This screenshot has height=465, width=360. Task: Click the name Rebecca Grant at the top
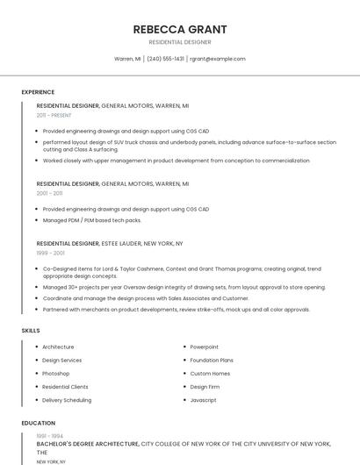click(x=179, y=28)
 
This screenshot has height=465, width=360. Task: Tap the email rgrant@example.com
click(x=218, y=59)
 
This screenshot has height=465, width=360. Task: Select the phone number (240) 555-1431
click(x=166, y=59)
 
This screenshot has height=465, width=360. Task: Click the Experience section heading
click(x=38, y=92)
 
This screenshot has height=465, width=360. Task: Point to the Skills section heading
click(x=31, y=331)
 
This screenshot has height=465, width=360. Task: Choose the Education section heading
click(x=38, y=423)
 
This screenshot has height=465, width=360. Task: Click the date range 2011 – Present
click(x=54, y=115)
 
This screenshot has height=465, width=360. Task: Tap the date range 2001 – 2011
click(x=49, y=193)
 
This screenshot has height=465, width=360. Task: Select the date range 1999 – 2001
click(x=50, y=253)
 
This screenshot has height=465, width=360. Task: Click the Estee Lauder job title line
click(x=110, y=243)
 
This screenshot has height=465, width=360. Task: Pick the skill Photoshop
click(x=55, y=373)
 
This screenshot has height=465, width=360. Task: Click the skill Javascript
click(x=203, y=400)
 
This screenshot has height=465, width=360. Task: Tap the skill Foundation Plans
click(x=212, y=360)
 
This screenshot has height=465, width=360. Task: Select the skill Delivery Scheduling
click(x=67, y=400)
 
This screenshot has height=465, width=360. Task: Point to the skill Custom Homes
click(x=210, y=373)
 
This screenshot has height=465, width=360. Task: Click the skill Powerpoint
click(x=205, y=347)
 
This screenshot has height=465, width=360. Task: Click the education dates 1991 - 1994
click(x=49, y=436)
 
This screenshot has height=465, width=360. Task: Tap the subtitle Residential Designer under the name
click(x=179, y=42)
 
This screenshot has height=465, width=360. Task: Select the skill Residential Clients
click(x=65, y=387)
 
